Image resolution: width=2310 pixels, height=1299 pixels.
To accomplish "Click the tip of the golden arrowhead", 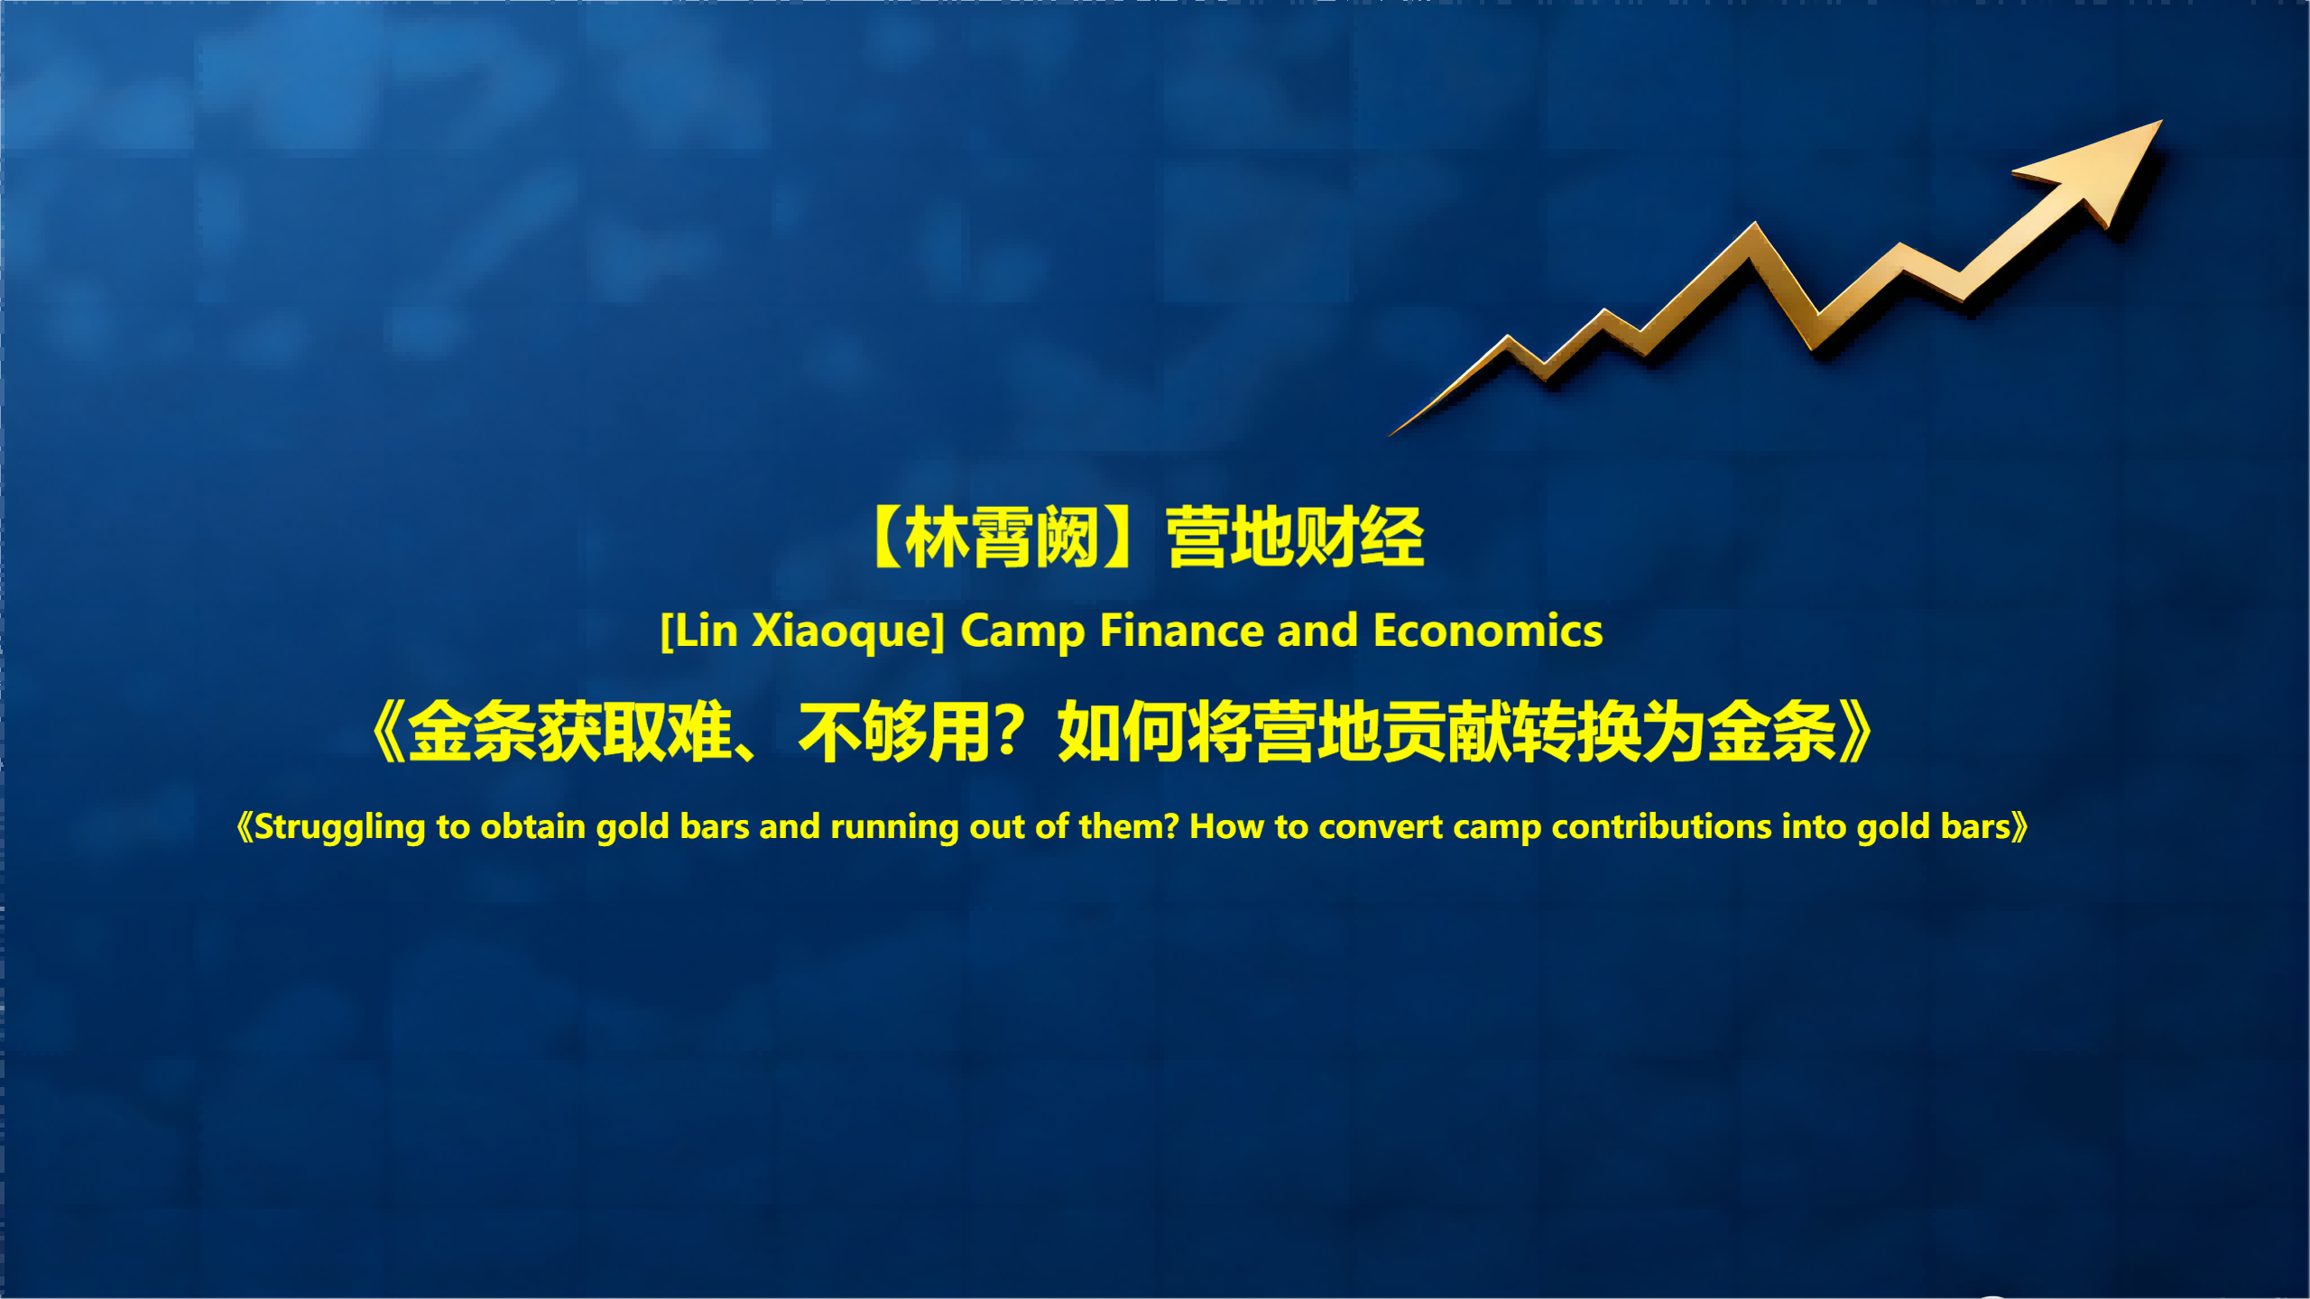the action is (2162, 120).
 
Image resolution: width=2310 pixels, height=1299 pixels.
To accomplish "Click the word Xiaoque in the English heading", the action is (848, 631).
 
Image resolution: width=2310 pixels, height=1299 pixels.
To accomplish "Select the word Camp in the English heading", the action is (1022, 631).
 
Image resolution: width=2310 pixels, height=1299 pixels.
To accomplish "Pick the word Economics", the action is (1488, 630).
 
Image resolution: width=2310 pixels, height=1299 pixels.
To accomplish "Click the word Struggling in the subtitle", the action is (339, 827).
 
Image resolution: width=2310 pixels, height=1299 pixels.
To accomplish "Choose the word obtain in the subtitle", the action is (533, 826).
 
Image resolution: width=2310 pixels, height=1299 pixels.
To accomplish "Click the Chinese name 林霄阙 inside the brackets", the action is (1002, 537).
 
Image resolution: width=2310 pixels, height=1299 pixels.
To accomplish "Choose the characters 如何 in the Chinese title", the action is (1123, 732).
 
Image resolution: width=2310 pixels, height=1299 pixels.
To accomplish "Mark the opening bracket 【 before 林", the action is (887, 537).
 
